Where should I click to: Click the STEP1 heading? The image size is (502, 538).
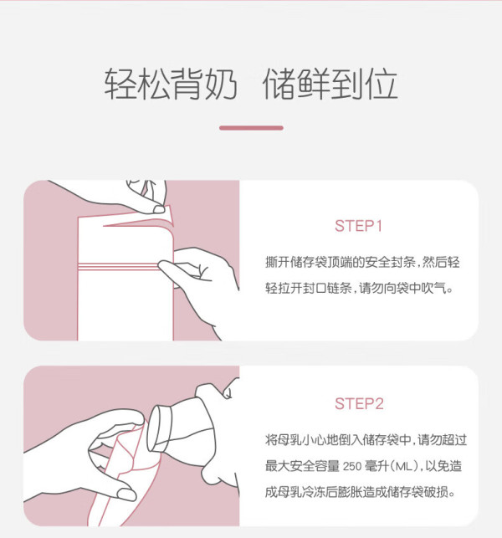pos(358,226)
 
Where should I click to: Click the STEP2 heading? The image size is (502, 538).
pos(359,404)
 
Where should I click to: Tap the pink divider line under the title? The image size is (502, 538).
pos(251,128)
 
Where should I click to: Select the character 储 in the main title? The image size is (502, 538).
pos(279,84)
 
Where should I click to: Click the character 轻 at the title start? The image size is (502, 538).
pos(120,84)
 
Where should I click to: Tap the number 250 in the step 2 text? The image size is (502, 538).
pos(352,466)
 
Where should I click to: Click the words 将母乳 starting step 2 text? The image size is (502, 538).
pos(284,440)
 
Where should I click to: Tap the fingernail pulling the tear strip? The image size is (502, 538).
pos(159,209)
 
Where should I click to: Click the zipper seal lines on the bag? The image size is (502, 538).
pos(118,266)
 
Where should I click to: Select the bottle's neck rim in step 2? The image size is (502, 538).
pos(158,429)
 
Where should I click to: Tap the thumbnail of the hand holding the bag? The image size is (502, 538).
pos(126,494)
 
